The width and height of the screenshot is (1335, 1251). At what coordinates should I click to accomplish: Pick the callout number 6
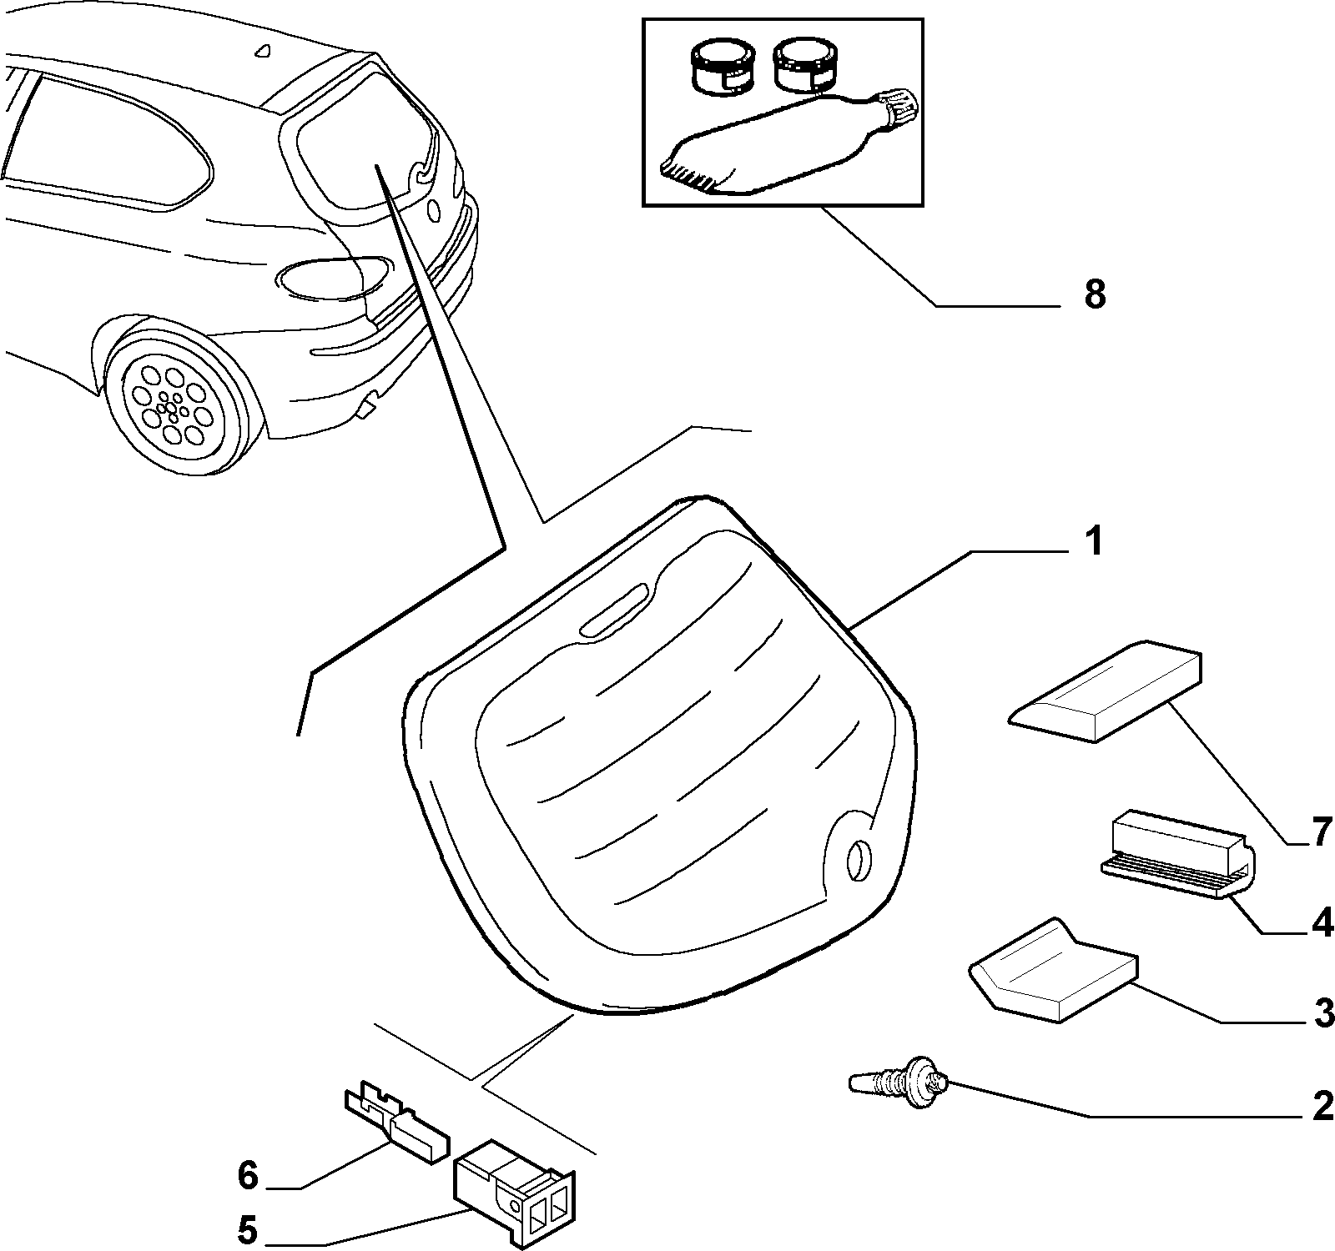(248, 1176)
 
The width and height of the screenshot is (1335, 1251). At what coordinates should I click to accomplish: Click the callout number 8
(1096, 294)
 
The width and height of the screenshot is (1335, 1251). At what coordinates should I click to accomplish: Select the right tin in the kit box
(804, 67)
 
